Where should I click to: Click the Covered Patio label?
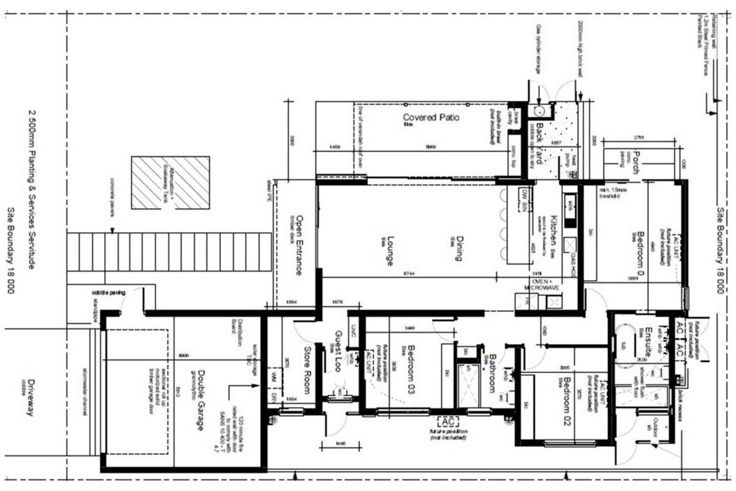[431, 117]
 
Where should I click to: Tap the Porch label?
[637, 163]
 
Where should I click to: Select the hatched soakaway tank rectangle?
[170, 182]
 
